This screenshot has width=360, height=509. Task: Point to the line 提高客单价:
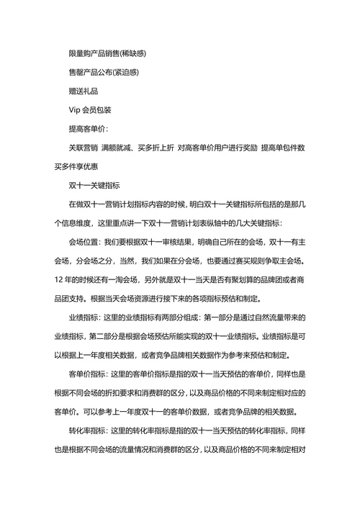pos(88,129)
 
